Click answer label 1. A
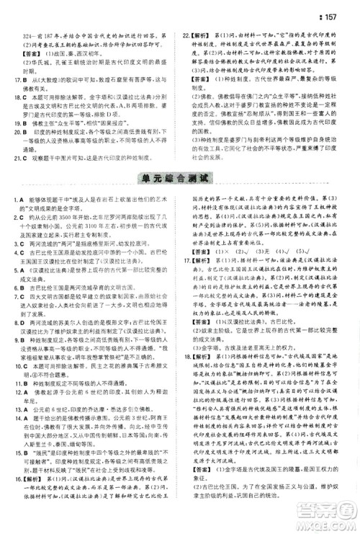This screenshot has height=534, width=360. (x=15, y=197)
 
